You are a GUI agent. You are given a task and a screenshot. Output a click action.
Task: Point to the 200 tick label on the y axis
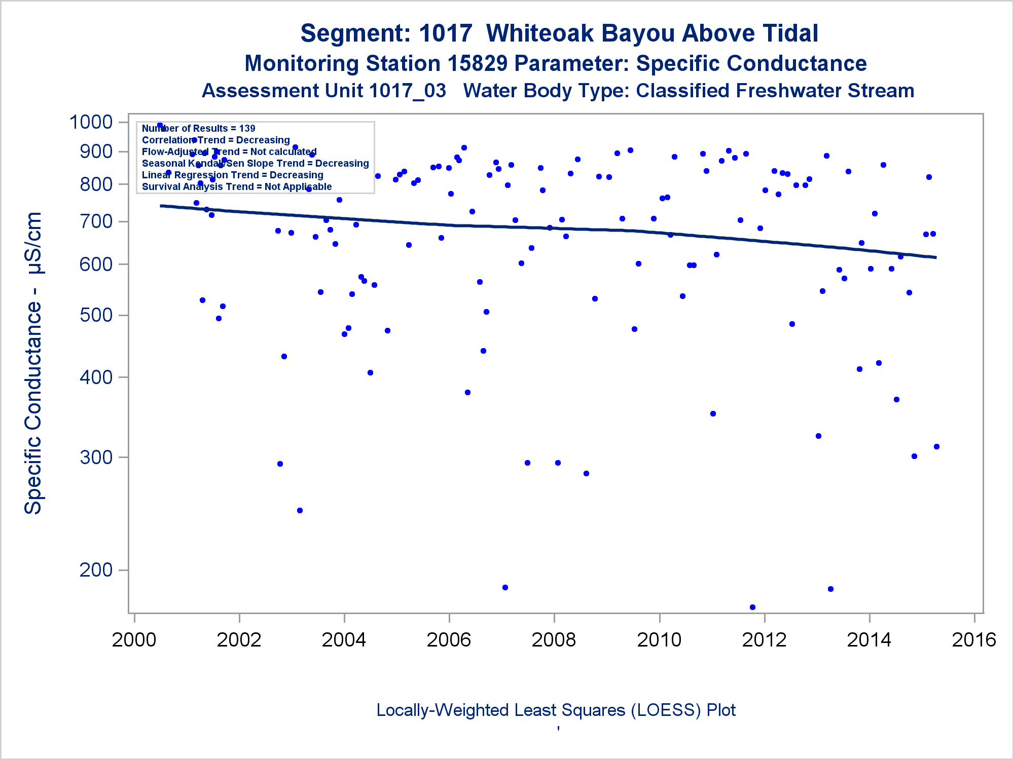tap(96, 570)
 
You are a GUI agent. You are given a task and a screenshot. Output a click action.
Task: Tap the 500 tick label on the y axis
tap(96, 315)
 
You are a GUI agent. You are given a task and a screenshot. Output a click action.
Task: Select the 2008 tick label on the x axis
tap(554, 640)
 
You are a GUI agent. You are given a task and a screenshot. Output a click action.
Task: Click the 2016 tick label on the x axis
tap(974, 640)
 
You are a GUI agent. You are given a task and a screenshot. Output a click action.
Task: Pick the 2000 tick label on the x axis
tap(134, 640)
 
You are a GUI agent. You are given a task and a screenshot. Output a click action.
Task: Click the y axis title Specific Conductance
tap(33, 363)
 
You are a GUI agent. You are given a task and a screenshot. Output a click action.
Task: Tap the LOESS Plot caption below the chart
tap(556, 710)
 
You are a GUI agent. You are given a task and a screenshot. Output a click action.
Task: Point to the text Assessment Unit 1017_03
tap(324, 91)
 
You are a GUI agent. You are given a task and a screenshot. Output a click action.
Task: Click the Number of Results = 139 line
tap(198, 128)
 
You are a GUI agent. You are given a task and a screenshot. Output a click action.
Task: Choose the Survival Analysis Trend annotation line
tap(237, 186)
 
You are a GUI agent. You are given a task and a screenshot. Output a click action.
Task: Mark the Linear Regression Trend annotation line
tap(233, 175)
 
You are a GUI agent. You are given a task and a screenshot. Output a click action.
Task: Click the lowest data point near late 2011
tap(752, 607)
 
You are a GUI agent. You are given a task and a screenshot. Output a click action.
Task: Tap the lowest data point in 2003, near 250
tap(300, 510)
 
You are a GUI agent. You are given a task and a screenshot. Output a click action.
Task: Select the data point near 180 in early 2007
tap(505, 587)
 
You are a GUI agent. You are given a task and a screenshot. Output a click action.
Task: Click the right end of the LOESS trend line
tap(935, 257)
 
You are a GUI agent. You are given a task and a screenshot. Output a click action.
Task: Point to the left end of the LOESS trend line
tap(161, 206)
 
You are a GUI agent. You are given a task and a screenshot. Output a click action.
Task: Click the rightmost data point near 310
tap(936, 446)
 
